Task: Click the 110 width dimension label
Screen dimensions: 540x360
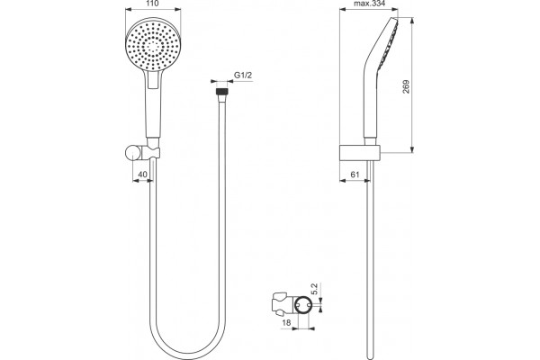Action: click(x=152, y=4)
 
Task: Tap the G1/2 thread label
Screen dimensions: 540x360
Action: click(x=243, y=75)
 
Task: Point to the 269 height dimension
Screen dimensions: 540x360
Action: click(x=406, y=86)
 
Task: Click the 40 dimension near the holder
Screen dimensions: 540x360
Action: click(x=142, y=175)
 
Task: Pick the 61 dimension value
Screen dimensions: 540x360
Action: click(x=355, y=175)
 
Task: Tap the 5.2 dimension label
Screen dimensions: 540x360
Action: click(x=314, y=288)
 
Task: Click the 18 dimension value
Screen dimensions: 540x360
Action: click(x=286, y=322)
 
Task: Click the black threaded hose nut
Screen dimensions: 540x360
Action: click(x=221, y=92)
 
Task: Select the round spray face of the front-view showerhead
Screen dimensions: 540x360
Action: click(x=153, y=45)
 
